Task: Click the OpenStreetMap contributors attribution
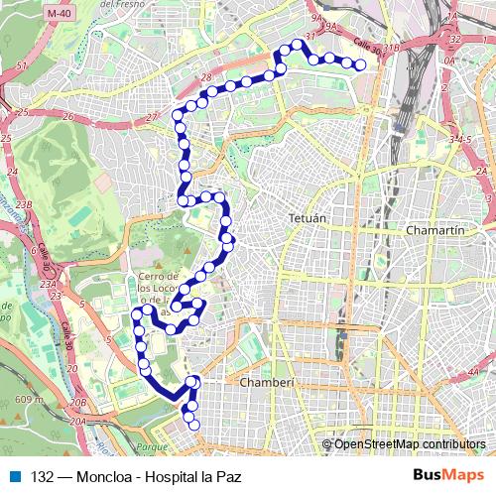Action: coord(410,444)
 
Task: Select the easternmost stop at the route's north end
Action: coord(361,66)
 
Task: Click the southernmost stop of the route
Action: coord(193,426)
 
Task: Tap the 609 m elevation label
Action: coord(31,399)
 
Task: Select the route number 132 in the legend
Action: coord(43,476)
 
